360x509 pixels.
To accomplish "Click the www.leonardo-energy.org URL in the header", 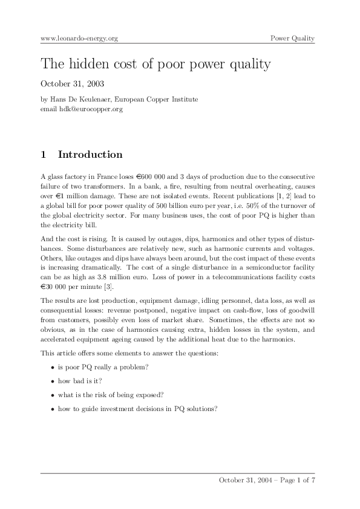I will click(79, 39).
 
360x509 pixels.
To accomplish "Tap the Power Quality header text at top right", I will click(292, 39).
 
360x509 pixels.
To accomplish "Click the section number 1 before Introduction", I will click(44, 155).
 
